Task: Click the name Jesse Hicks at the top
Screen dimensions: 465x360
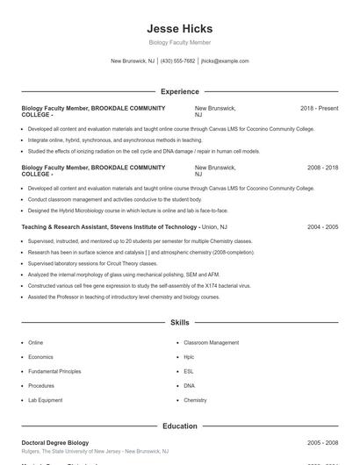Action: tap(179, 29)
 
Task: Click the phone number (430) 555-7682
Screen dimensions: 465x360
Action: tap(178, 61)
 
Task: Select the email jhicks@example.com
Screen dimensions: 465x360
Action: tap(225, 61)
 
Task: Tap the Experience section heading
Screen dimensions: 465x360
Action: tap(179, 91)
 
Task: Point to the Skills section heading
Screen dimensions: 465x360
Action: tap(179, 323)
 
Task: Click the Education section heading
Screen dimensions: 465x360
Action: tap(179, 426)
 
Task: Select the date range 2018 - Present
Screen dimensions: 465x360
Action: tap(319, 108)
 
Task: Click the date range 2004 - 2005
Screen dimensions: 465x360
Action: tap(322, 226)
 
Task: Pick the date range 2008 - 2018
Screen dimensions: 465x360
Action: tap(322, 167)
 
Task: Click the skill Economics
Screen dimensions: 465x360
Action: tap(40, 357)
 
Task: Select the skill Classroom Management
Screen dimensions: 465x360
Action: tap(211, 343)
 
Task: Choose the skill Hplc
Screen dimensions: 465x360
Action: tap(189, 357)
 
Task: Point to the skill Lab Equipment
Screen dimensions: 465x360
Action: tap(45, 400)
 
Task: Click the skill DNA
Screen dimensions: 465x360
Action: tap(189, 386)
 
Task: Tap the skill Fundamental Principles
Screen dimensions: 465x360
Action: tap(54, 371)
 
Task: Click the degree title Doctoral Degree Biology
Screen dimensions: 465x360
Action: tap(54, 443)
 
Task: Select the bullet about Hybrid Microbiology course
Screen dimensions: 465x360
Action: tap(127, 211)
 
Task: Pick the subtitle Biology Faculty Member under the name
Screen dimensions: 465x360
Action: tap(179, 42)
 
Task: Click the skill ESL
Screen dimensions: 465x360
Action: tap(189, 371)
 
